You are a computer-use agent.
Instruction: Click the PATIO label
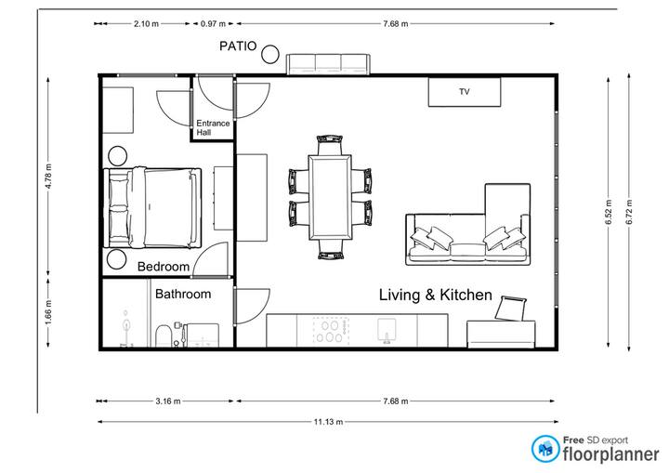238,46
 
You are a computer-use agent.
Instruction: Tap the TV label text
465,91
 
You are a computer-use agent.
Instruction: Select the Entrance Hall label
213,127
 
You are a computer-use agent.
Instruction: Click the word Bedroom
164,267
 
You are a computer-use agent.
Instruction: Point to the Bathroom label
183,294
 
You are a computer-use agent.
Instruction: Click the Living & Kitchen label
436,295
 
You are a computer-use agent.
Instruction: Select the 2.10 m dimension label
147,24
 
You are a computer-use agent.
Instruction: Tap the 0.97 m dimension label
213,24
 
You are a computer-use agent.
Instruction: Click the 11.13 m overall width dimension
329,422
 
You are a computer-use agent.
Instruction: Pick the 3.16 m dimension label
168,401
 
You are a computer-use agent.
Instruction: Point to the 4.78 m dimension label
48,176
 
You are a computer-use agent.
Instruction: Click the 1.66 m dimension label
48,312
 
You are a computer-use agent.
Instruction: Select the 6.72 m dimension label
629,212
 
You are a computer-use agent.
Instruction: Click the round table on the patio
270,55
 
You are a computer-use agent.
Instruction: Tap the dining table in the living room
330,198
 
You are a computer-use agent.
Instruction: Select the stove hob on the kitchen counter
331,332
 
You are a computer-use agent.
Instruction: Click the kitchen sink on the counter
387,331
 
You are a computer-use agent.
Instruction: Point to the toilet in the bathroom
163,336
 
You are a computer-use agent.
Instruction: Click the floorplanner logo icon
545,449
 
